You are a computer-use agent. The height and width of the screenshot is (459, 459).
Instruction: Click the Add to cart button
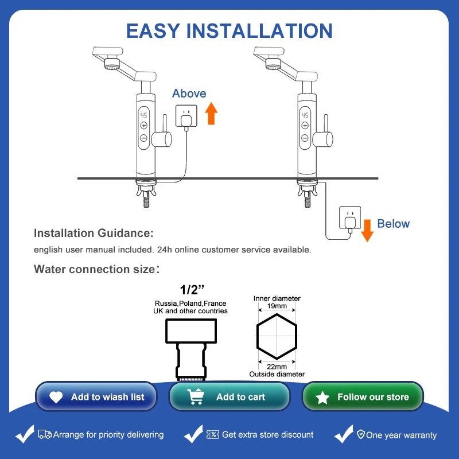[229, 397]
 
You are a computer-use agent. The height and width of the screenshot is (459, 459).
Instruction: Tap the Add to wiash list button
[96, 397]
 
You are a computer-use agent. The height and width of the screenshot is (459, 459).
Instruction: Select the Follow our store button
[363, 397]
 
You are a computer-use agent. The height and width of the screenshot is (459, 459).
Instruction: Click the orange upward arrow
[212, 113]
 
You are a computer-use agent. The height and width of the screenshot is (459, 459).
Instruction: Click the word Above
[189, 94]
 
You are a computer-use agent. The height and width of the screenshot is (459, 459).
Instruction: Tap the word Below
[393, 224]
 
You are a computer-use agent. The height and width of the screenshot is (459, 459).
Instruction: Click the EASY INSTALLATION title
[229, 30]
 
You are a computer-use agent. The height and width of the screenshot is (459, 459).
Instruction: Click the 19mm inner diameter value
[277, 306]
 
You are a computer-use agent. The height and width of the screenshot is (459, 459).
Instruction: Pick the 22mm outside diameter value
[277, 367]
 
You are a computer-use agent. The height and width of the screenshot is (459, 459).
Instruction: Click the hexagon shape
[277, 337]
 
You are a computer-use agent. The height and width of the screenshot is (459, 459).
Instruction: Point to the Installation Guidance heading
[94, 234]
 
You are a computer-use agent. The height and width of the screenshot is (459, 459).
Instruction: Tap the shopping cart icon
[196, 397]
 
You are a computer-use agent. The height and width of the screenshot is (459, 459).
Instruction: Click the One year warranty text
[401, 435]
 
